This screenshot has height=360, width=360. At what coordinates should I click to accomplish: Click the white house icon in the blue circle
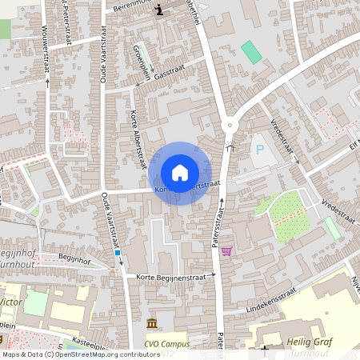tap(180, 173)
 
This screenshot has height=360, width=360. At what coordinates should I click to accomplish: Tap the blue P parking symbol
tap(258, 149)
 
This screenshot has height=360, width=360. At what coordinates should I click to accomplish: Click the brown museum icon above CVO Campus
tap(152, 323)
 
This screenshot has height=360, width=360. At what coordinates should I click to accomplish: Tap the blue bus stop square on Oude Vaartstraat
tap(118, 252)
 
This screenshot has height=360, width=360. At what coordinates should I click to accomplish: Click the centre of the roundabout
tap(230, 124)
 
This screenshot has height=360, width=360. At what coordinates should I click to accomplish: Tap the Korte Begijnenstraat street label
tap(170, 276)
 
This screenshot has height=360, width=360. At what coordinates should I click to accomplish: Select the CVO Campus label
tap(168, 344)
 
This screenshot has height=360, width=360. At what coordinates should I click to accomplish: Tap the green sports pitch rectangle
tap(251, 52)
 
